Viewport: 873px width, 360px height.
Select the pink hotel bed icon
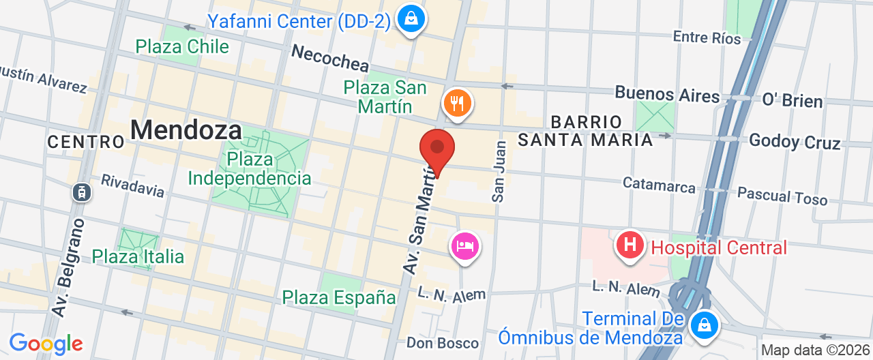coord(464,245)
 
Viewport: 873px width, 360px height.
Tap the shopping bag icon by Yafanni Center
coord(411,19)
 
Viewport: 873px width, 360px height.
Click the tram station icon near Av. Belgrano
coord(83,192)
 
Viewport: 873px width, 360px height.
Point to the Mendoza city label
coord(186,130)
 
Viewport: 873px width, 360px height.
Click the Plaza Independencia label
coord(250,169)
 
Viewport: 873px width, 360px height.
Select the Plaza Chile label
coord(182,46)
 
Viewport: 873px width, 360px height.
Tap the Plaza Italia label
coord(138,256)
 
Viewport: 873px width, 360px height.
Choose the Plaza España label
coord(339,297)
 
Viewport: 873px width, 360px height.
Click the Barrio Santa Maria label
coord(585,131)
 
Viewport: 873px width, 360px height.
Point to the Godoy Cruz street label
coord(795,141)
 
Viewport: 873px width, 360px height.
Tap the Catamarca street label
coord(659,185)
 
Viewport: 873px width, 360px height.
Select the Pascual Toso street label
coord(782,196)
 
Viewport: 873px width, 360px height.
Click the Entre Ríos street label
coord(707,37)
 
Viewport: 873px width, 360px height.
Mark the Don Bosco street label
coord(443,342)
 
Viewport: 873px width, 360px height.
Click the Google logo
coord(46,344)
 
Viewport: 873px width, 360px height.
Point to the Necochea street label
coord(330,58)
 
